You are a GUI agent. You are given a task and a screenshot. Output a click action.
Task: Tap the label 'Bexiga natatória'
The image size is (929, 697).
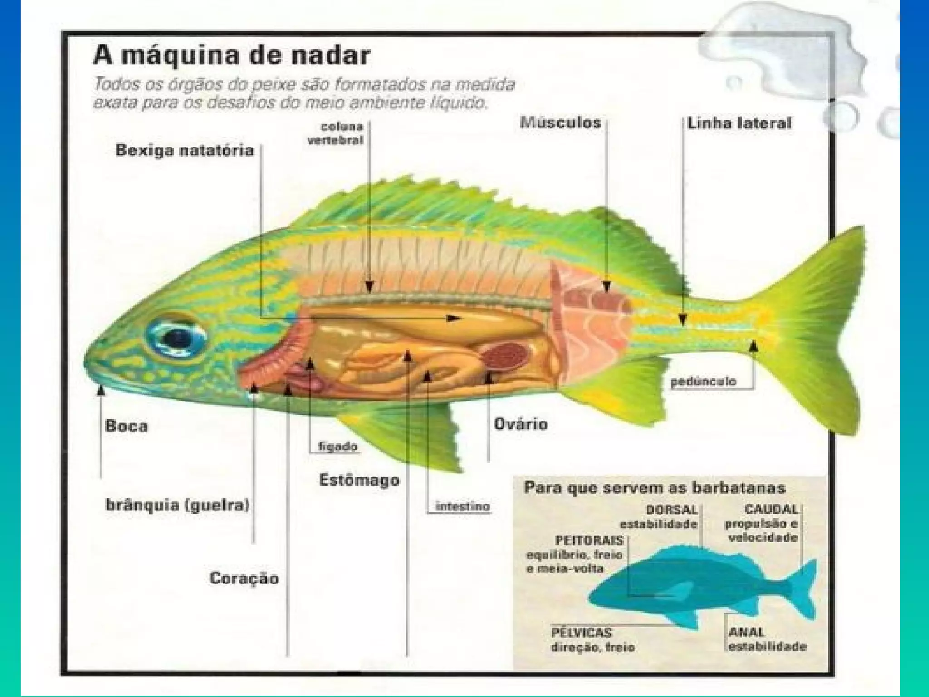point(184,150)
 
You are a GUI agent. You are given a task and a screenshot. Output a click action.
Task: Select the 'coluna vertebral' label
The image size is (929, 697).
point(336,133)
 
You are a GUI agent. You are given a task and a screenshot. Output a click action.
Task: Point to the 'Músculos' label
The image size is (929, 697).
point(561,123)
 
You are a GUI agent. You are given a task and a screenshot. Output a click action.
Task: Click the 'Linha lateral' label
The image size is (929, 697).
point(739,123)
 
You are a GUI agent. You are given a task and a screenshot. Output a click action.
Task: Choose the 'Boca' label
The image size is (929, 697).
point(127,426)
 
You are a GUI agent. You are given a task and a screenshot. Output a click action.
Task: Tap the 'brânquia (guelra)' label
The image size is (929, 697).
point(177,505)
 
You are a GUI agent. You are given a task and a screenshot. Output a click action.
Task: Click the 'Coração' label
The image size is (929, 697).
point(244,578)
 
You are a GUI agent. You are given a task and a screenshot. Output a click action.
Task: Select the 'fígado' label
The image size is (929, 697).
point(337,447)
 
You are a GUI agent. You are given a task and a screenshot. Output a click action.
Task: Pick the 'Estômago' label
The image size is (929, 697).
point(359,480)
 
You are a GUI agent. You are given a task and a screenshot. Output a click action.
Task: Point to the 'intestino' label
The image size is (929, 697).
point(463,506)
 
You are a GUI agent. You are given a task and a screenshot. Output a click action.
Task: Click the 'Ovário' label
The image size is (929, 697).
point(520,424)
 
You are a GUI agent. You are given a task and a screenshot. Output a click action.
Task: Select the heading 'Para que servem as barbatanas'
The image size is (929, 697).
point(655,488)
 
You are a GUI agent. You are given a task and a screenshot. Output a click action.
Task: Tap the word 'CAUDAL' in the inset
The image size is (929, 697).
point(771,510)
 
